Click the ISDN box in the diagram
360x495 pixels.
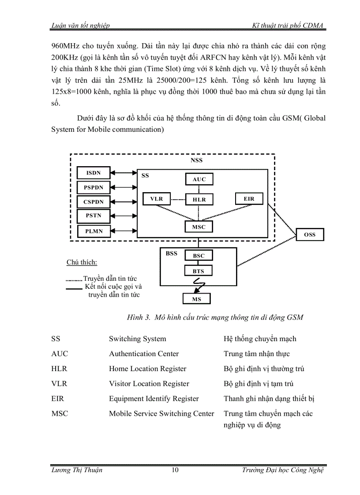click(x=93, y=173)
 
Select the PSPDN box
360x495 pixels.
click(x=93, y=187)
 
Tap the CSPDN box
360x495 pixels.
click(x=93, y=202)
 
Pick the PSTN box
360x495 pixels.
click(x=93, y=216)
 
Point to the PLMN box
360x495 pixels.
click(x=93, y=231)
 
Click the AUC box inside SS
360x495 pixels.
click(x=199, y=179)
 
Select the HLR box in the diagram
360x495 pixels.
click(x=199, y=200)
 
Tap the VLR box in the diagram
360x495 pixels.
click(x=157, y=199)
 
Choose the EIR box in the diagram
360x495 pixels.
click(x=249, y=199)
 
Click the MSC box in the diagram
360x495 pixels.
click(x=199, y=227)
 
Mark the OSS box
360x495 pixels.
click(x=310, y=235)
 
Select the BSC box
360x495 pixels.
click(x=199, y=256)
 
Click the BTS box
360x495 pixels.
click(x=199, y=272)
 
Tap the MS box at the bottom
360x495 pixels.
click(x=196, y=299)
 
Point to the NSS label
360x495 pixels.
click(x=197, y=160)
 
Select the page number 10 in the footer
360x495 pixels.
click(x=175, y=470)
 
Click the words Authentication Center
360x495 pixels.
click(x=144, y=354)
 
